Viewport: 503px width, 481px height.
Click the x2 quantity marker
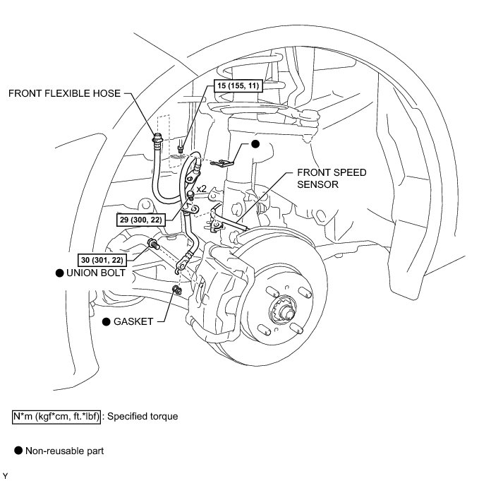tap(201, 189)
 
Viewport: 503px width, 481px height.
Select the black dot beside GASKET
tap(107, 321)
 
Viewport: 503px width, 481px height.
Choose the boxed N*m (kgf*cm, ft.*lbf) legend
tap(56, 416)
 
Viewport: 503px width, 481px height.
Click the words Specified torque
tap(143, 416)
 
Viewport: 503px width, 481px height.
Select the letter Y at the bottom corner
tap(6, 475)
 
